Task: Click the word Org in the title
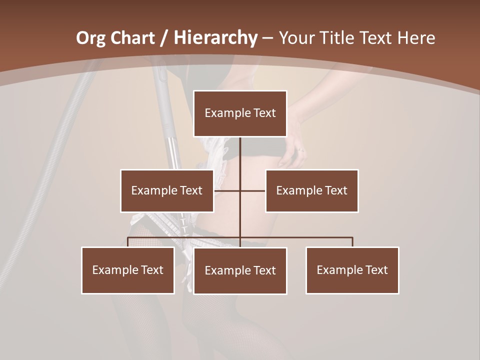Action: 90,37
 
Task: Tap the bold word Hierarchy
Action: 215,37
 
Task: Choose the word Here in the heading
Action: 416,37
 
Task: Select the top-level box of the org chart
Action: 240,113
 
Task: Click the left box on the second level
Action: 166,190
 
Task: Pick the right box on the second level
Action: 311,190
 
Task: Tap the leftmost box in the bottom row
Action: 127,270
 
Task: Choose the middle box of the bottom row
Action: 240,270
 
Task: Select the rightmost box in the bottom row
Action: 352,270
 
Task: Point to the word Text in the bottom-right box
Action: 376,270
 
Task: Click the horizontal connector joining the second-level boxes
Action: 252,190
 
